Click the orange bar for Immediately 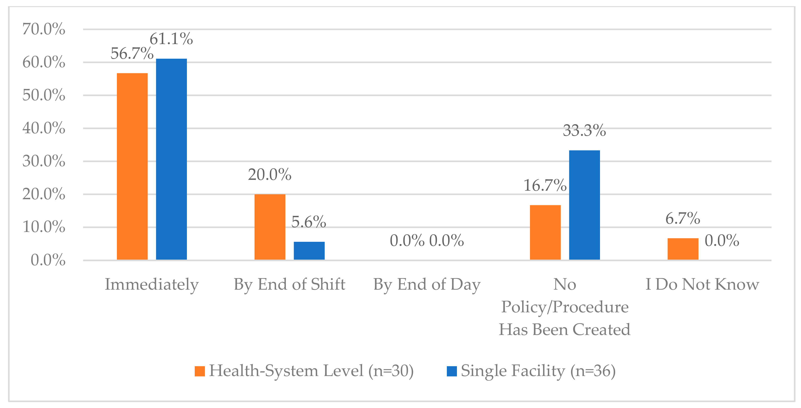(132, 166)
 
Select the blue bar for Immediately (171, 159)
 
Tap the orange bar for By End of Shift (270, 227)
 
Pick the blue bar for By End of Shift (309, 251)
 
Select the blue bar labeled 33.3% (585, 205)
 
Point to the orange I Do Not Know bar (683, 249)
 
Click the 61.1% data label (171, 39)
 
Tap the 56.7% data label (132, 53)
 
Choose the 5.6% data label (309, 222)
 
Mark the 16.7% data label (545, 185)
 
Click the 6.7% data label (683, 218)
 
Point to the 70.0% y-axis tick (44, 29)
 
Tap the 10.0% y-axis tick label (44, 227)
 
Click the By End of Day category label (427, 285)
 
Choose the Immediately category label (152, 285)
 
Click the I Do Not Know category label (703, 284)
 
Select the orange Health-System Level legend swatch (200, 371)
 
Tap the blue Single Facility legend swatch (452, 371)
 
